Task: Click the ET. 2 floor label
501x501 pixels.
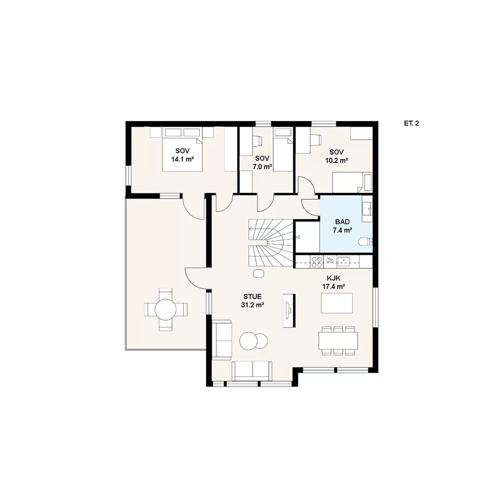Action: pyautogui.click(x=411, y=123)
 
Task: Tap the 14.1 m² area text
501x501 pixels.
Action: pyautogui.click(x=182, y=159)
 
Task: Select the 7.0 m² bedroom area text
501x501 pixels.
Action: pyautogui.click(x=262, y=166)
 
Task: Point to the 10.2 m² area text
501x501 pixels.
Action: pyautogui.click(x=336, y=161)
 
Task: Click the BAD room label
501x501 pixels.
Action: pyautogui.click(x=342, y=221)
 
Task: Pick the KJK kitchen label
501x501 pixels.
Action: pyautogui.click(x=334, y=278)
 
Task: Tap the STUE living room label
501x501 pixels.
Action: pyautogui.click(x=252, y=296)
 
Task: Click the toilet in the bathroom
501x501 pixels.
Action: pyautogui.click(x=366, y=242)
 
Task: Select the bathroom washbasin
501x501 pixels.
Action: pyautogui.click(x=367, y=208)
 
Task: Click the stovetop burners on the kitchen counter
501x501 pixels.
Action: pyautogui.click(x=317, y=262)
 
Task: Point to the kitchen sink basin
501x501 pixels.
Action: pyautogui.click(x=343, y=262)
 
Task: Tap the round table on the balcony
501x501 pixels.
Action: pyautogui.click(x=166, y=309)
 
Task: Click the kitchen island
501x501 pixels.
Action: pyautogui.click(x=337, y=303)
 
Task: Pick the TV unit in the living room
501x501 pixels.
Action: pyautogui.click(x=289, y=310)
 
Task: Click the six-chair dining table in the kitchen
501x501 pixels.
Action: pyautogui.click(x=338, y=340)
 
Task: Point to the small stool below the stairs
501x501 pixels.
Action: pyautogui.click(x=258, y=274)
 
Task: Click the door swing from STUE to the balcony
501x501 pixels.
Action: pyautogui.click(x=196, y=278)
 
